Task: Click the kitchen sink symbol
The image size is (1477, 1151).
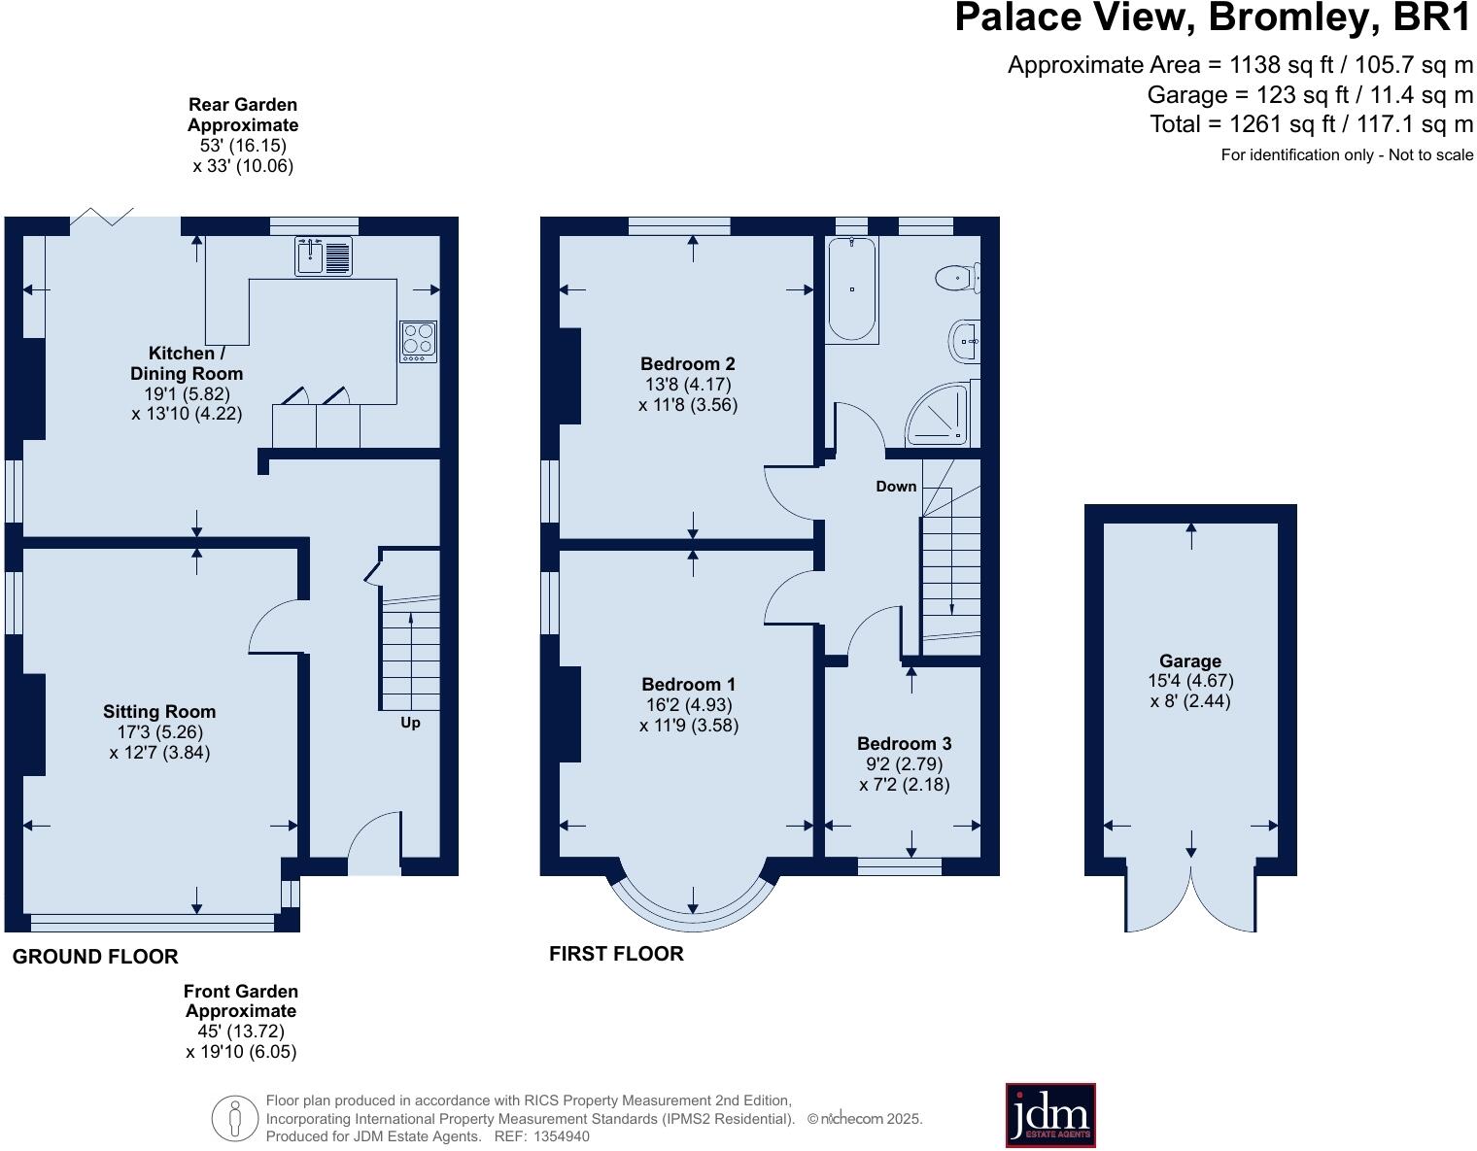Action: (325, 256)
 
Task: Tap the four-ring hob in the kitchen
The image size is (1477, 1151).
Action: (418, 341)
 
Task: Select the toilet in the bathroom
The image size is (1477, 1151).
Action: (957, 278)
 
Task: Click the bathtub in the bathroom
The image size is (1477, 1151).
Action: (852, 288)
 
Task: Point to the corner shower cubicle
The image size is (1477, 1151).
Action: (941, 416)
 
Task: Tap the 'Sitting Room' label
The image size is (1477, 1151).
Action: (159, 712)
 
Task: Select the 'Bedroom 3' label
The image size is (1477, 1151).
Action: (904, 744)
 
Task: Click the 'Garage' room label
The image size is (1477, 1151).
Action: (1190, 661)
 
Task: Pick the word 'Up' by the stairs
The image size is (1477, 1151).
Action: (410, 723)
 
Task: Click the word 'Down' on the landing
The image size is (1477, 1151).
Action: (896, 486)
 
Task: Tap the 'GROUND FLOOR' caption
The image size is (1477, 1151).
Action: (95, 957)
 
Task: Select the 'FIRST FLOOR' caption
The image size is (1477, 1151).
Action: (616, 954)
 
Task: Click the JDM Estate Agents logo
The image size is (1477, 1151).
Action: (1049, 1115)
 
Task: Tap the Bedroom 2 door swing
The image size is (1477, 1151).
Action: (789, 486)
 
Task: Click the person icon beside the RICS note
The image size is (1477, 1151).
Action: (234, 1118)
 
